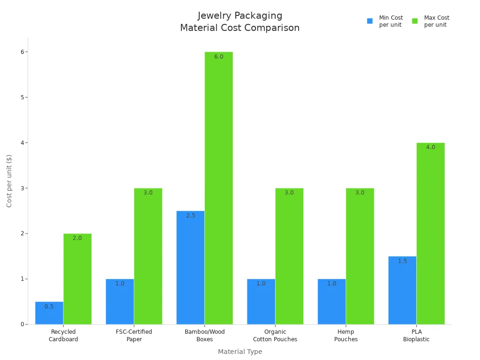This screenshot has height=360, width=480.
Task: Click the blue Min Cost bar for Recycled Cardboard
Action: pyautogui.click(x=49, y=313)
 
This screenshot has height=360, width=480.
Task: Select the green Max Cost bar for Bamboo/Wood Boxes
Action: pyautogui.click(x=218, y=187)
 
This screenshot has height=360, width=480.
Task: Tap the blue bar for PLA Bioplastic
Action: pyautogui.click(x=402, y=291)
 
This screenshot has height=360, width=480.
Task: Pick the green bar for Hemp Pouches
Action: pyautogui.click(x=360, y=256)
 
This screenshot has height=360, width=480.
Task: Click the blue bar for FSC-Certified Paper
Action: pyautogui.click(x=120, y=302)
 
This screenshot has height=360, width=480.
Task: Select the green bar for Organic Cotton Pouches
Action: pyautogui.click(x=289, y=256)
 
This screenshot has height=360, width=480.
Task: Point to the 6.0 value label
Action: pyautogui.click(x=219, y=57)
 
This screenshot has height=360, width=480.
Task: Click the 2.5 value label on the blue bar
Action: pyautogui.click(x=190, y=216)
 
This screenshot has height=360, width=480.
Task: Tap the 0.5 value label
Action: pyautogui.click(x=49, y=307)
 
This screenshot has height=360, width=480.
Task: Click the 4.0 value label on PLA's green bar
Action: pyautogui.click(x=430, y=147)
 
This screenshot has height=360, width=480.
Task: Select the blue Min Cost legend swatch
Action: pyautogui.click(x=370, y=21)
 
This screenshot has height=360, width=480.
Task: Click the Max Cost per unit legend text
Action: pyautogui.click(x=436, y=21)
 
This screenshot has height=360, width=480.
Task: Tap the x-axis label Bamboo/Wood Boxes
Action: pyautogui.click(x=205, y=336)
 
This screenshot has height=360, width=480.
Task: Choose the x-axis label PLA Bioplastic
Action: pyautogui.click(x=416, y=336)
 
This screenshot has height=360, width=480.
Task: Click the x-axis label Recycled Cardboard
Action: pyautogui.click(x=63, y=336)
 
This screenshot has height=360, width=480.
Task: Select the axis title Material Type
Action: pyautogui.click(x=240, y=352)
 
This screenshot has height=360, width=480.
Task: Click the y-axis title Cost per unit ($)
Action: pyautogui.click(x=9, y=180)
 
